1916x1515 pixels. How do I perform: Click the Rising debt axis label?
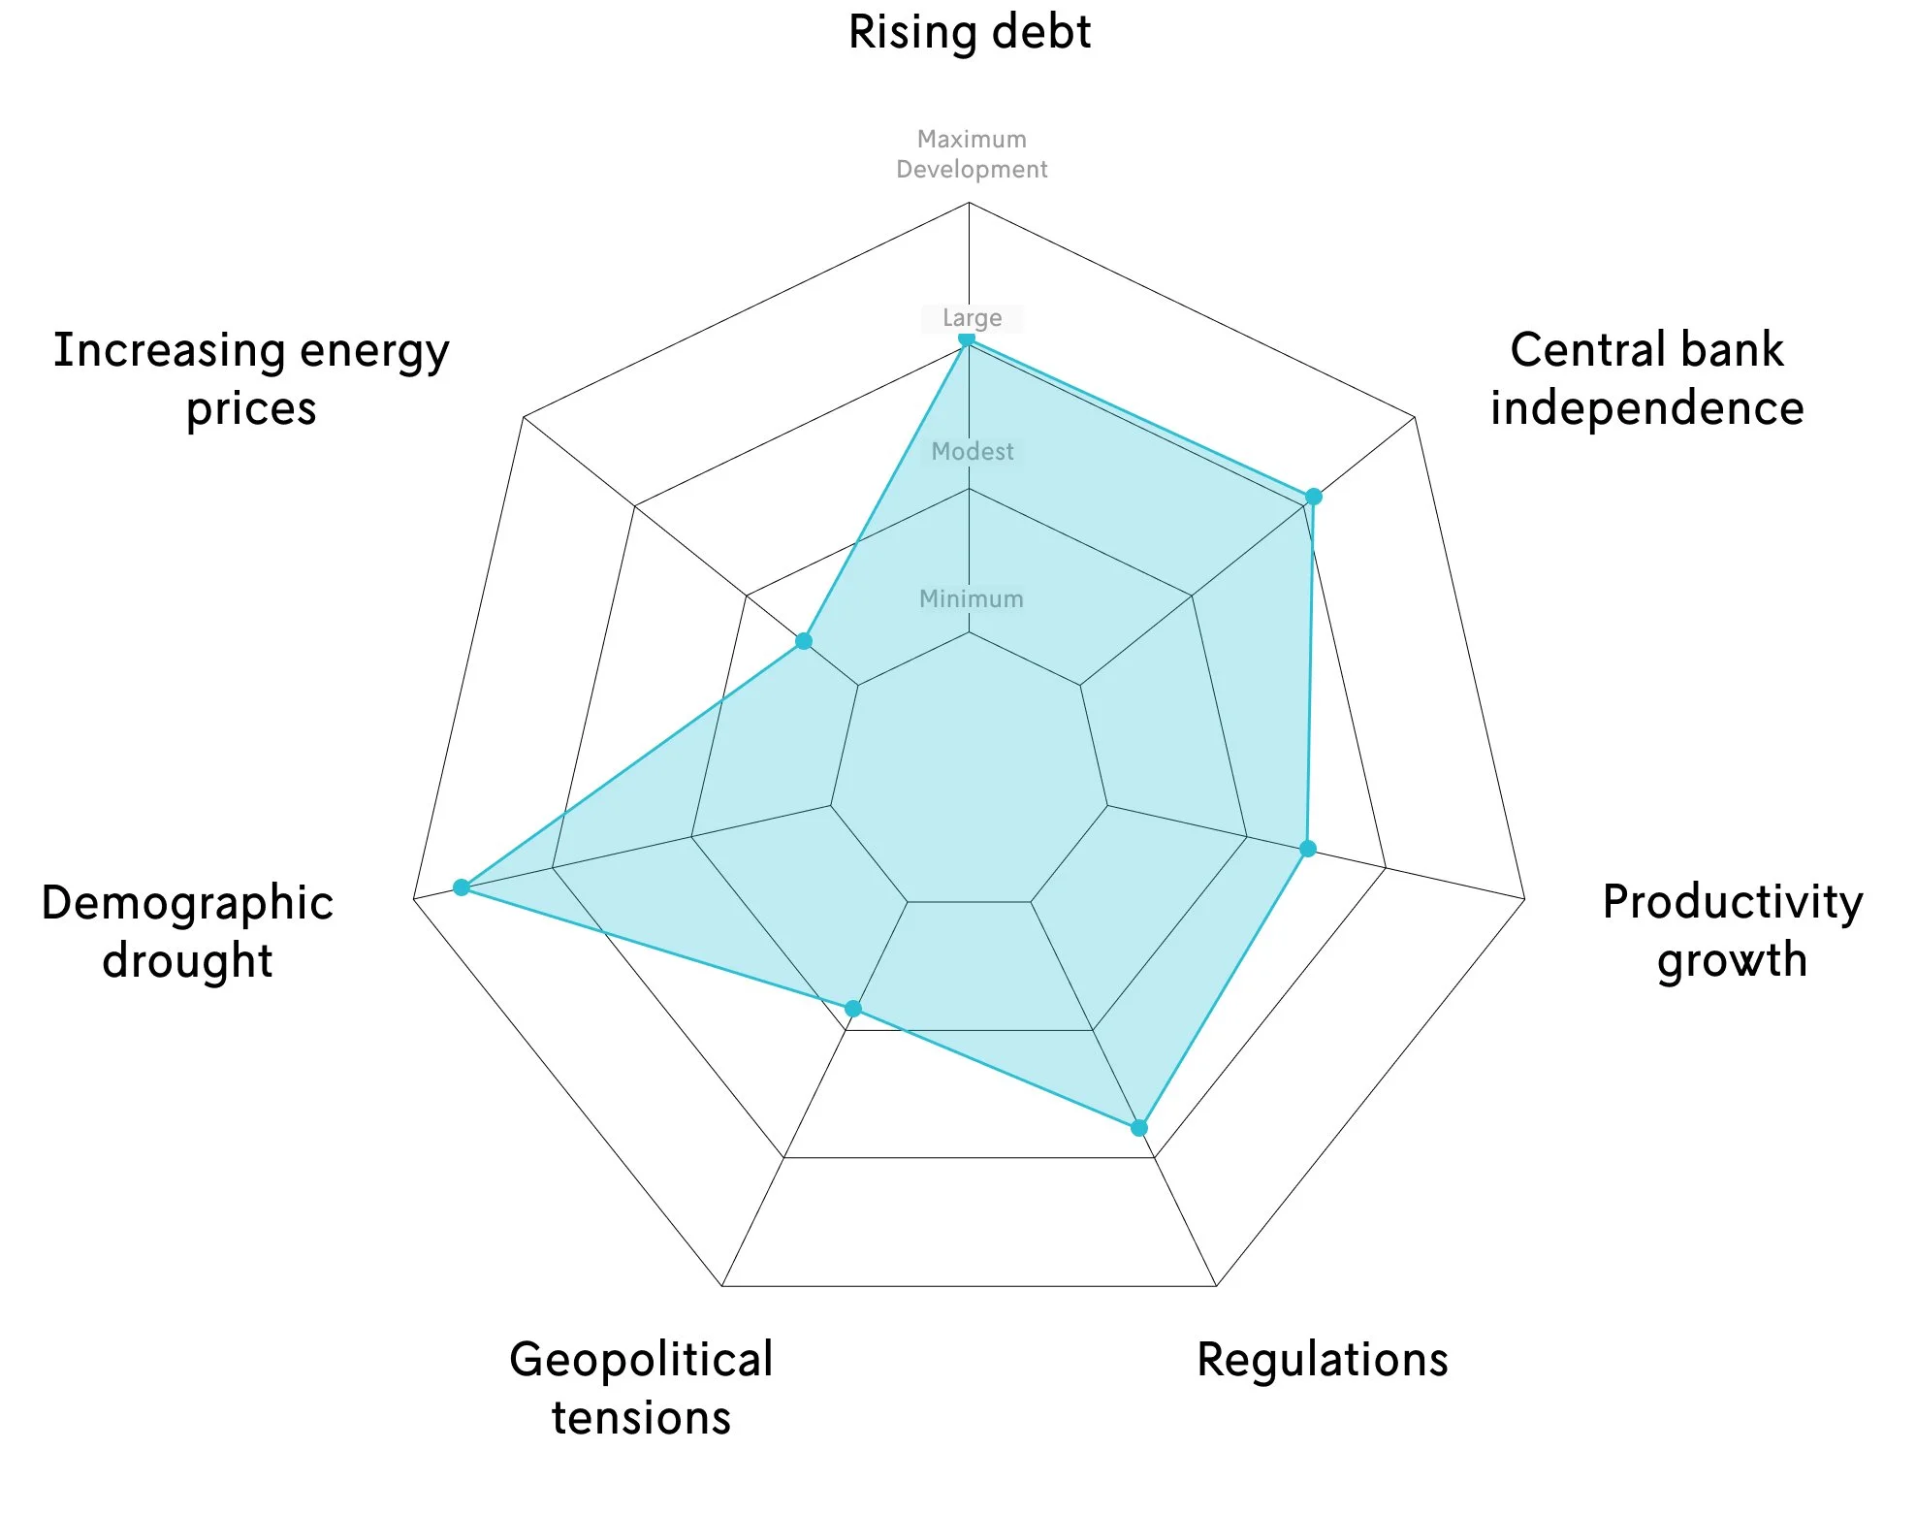(x=969, y=32)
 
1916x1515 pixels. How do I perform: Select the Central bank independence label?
(x=1646, y=378)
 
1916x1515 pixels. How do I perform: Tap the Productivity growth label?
(x=1732, y=930)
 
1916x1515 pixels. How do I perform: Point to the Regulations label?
(x=1322, y=1359)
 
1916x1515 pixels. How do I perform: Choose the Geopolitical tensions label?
(x=641, y=1388)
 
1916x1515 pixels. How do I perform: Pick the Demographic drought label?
(x=187, y=931)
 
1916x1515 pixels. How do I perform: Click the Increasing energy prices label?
(x=251, y=378)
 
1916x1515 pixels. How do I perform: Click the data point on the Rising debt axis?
(x=967, y=338)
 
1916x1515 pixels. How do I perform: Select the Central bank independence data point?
(x=1313, y=497)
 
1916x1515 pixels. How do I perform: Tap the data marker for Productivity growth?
(x=1308, y=849)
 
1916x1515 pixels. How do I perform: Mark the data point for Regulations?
(x=1139, y=1128)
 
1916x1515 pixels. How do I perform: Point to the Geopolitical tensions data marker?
(x=853, y=1009)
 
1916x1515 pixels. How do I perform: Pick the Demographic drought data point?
(x=462, y=887)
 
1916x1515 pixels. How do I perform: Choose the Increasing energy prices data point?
(x=804, y=641)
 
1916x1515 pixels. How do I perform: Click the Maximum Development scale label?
(x=972, y=154)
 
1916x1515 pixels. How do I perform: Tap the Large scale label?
(x=972, y=318)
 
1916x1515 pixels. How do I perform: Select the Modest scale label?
(x=972, y=451)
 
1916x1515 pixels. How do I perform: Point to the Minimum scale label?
(x=971, y=598)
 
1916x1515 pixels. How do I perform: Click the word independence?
(x=1646, y=408)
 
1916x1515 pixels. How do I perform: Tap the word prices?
(x=251, y=409)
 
